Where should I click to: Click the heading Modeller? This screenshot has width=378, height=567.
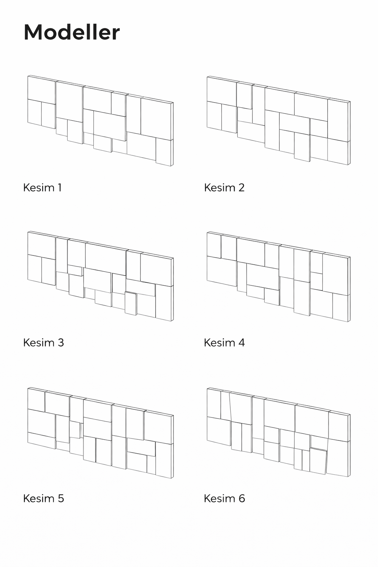(x=72, y=32)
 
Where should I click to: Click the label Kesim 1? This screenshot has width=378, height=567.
(x=42, y=188)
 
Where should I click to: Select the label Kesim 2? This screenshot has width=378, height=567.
(x=224, y=188)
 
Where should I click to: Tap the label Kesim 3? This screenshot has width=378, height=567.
(x=43, y=343)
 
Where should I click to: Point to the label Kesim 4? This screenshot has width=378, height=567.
(x=224, y=343)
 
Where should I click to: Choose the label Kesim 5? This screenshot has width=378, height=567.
(x=44, y=498)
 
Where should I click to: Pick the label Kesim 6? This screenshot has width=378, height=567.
(x=224, y=498)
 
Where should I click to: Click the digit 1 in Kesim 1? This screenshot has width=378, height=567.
(x=60, y=188)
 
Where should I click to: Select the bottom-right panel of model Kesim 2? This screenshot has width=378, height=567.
(x=338, y=152)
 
